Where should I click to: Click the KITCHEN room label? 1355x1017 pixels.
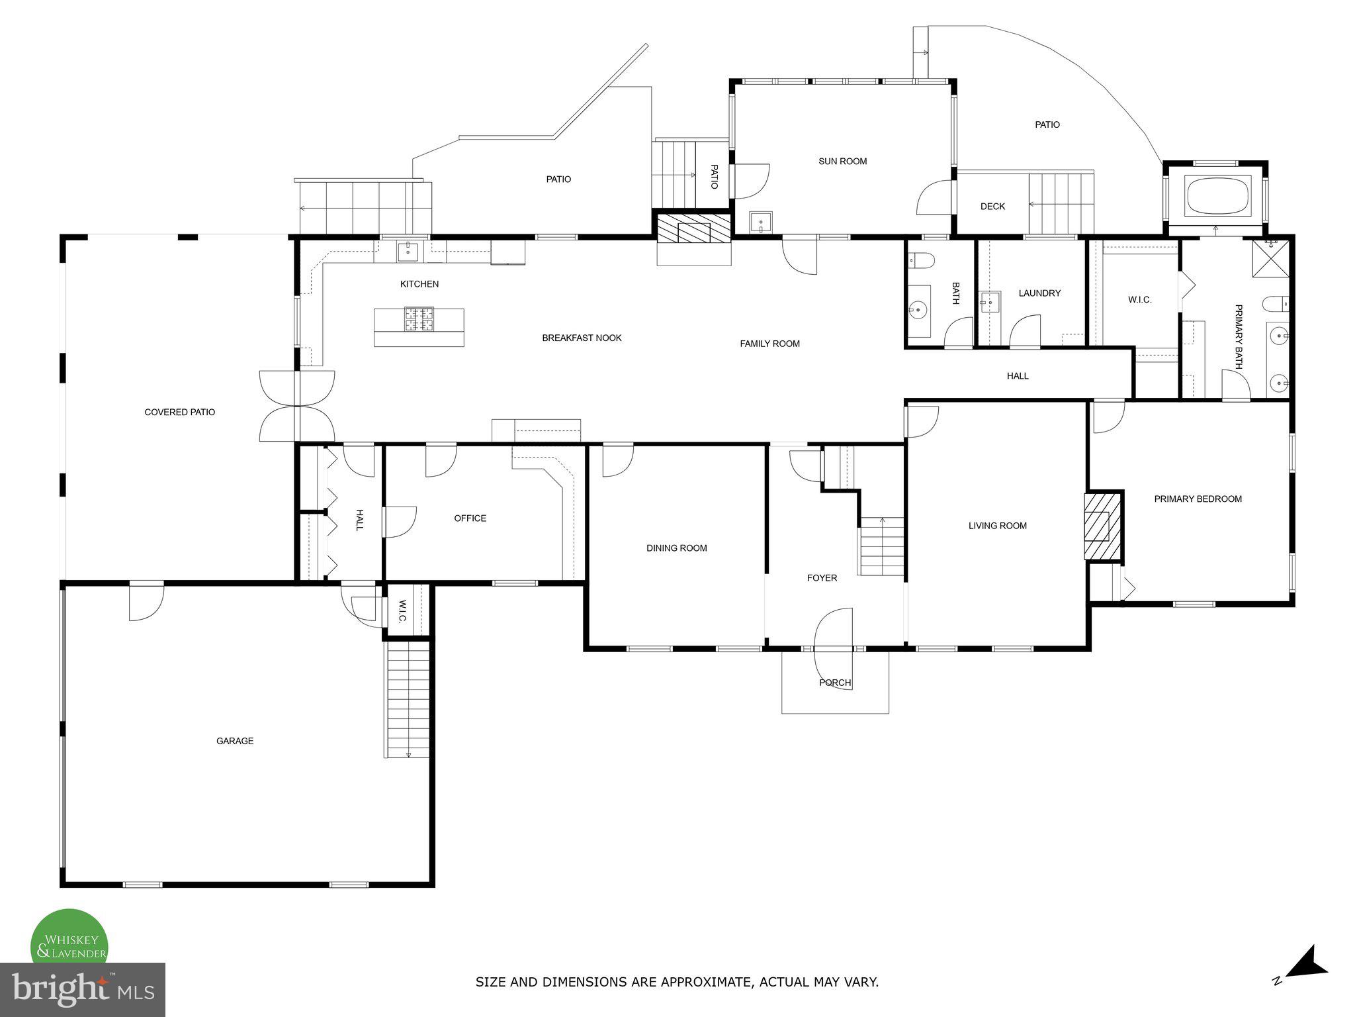419,284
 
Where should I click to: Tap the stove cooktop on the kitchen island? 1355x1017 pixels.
419,319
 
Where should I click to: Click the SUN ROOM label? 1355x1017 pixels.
842,161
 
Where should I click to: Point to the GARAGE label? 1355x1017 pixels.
235,741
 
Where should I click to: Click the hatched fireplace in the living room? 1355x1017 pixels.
1103,526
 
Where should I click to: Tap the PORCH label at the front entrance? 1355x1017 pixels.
834,683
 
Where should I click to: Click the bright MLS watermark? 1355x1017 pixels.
83,990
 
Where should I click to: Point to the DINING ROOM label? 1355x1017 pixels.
676,548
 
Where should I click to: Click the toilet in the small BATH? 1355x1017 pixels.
920,261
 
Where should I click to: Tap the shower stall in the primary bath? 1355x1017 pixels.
1270,258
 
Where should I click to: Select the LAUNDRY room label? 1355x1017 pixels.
1039,293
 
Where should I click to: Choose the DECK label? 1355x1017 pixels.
992,207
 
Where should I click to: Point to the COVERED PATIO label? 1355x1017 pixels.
179,412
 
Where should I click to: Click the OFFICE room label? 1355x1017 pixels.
470,518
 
